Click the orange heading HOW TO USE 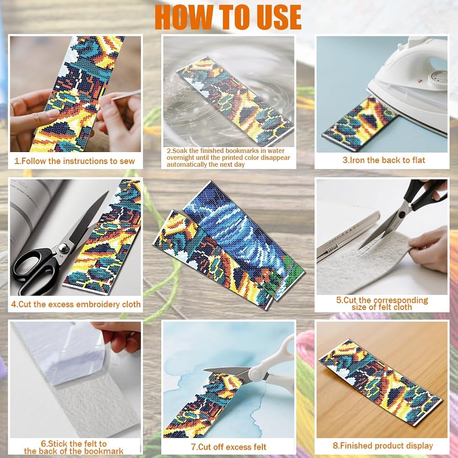pos(228,17)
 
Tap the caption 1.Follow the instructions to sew pos(75,161)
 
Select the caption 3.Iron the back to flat pos(384,160)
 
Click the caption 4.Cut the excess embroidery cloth pos(76,304)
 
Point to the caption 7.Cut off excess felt pos(229,447)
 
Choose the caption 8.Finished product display pos(382,446)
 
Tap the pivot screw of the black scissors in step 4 pos(64,248)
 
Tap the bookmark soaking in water pos(235,101)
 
